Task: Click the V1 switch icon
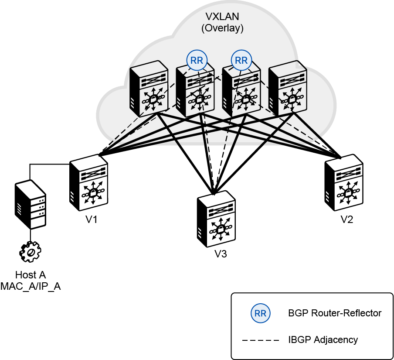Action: pyautogui.click(x=88, y=183)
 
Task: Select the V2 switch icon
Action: pyautogui.click(x=344, y=183)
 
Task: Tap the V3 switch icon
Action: pyautogui.click(x=216, y=219)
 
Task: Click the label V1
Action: pyautogui.click(x=91, y=219)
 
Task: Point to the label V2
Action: pyautogui.click(x=347, y=219)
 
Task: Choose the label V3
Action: pyautogui.click(x=221, y=254)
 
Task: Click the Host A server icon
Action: pyautogui.click(x=31, y=204)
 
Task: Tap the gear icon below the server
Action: pyautogui.click(x=30, y=252)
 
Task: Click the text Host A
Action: pyautogui.click(x=31, y=275)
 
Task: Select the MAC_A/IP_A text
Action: pyautogui.click(x=31, y=286)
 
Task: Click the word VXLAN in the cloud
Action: pyautogui.click(x=222, y=16)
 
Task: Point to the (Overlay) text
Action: pyautogui.click(x=222, y=28)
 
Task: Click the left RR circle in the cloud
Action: pyautogui.click(x=197, y=60)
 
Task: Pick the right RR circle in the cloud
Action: pyautogui.click(x=241, y=60)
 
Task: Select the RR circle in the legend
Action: pyautogui.click(x=260, y=313)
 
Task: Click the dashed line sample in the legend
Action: pyautogui.click(x=261, y=340)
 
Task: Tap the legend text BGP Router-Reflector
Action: pyautogui.click(x=335, y=313)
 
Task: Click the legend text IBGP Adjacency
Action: pyautogui.click(x=323, y=339)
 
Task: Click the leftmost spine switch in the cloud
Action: pyautogui.click(x=149, y=89)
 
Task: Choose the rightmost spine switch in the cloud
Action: pyautogui.click(x=288, y=89)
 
